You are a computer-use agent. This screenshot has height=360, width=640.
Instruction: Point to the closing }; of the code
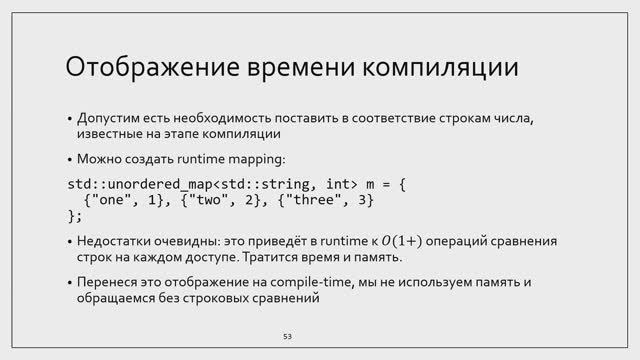pos(74,216)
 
